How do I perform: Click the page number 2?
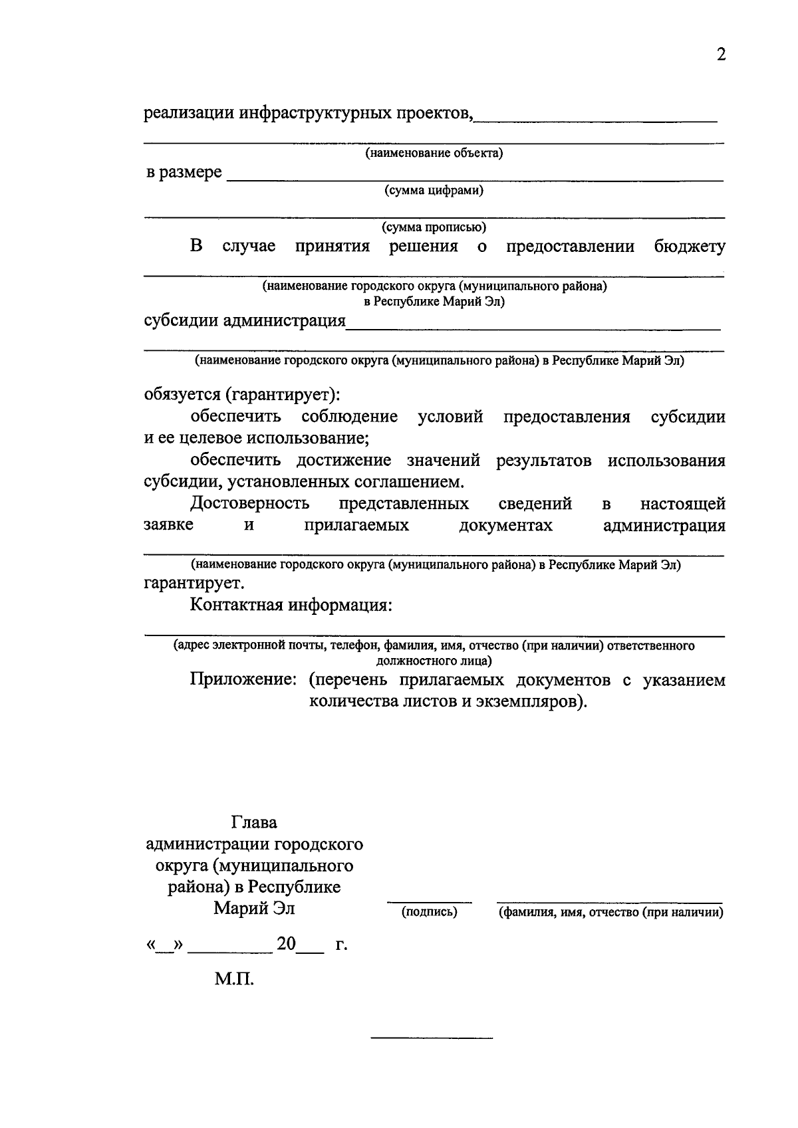[x=721, y=55]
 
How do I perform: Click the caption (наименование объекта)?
[x=434, y=154]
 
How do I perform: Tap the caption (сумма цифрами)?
[x=434, y=191]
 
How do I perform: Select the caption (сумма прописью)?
[x=434, y=227]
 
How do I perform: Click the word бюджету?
[x=690, y=247]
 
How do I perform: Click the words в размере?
[x=184, y=173]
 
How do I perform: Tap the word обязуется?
[x=181, y=394]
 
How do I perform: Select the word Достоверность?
[x=249, y=504]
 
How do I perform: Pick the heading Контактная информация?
[x=291, y=606]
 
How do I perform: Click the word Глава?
[x=254, y=823]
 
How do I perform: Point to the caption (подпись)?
[x=430, y=913]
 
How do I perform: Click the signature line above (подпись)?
[x=430, y=903]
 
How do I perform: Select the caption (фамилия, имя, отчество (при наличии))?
[x=611, y=913]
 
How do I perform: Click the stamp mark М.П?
[x=234, y=979]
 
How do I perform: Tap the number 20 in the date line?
[x=286, y=944]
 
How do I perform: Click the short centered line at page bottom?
[x=432, y=1038]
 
